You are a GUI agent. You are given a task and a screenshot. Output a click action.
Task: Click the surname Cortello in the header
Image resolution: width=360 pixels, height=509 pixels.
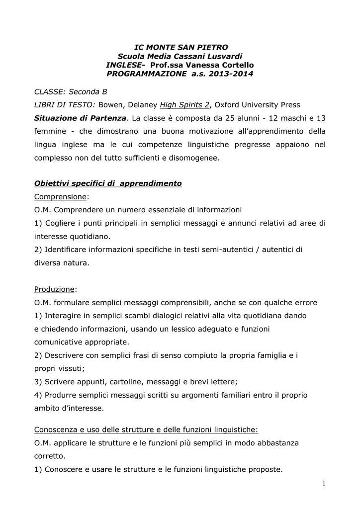(233, 65)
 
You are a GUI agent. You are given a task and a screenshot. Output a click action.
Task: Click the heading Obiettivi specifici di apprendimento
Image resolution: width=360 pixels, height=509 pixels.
(108, 183)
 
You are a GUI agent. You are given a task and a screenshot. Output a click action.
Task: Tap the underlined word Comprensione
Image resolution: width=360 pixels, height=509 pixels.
(60, 197)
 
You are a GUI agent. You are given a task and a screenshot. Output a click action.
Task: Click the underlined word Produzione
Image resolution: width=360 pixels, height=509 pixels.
(55, 289)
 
